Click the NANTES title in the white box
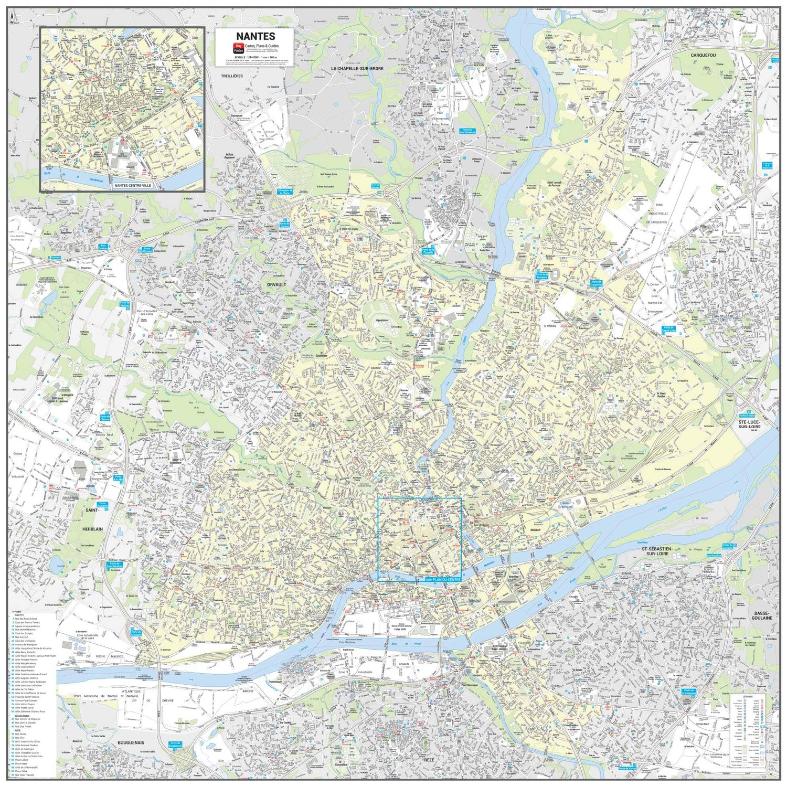point(255,36)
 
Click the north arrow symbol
point(12,18)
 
